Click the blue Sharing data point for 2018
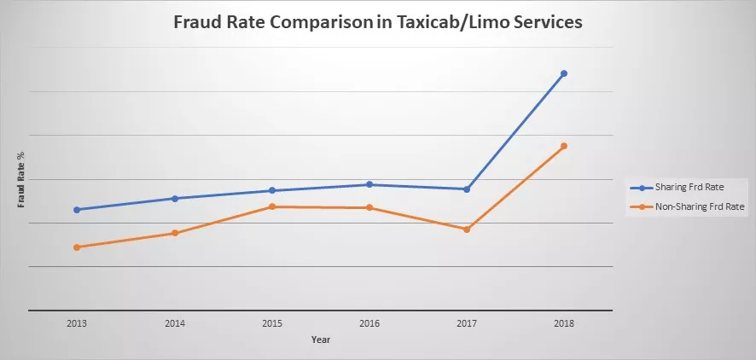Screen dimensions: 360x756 (x=564, y=73)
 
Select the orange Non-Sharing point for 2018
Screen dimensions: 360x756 (x=564, y=146)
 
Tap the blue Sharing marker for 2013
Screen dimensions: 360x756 (x=77, y=209)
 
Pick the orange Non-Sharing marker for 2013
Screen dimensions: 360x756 (x=77, y=247)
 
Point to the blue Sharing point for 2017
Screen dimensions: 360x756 (x=467, y=189)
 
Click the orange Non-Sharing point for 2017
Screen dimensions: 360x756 (x=467, y=229)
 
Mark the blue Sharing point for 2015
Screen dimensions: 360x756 (x=272, y=190)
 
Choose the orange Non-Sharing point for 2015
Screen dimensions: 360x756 (x=272, y=206)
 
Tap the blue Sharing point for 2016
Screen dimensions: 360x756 (x=369, y=184)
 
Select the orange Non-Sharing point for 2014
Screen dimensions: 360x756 (x=175, y=233)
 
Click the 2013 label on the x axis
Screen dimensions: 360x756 (x=77, y=324)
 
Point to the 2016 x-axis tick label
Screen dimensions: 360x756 (x=369, y=324)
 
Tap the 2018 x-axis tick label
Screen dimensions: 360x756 (x=564, y=324)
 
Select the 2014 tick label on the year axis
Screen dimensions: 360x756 (x=175, y=324)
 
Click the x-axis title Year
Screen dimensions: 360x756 (x=320, y=340)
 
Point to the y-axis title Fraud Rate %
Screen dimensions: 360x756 (x=20, y=180)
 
